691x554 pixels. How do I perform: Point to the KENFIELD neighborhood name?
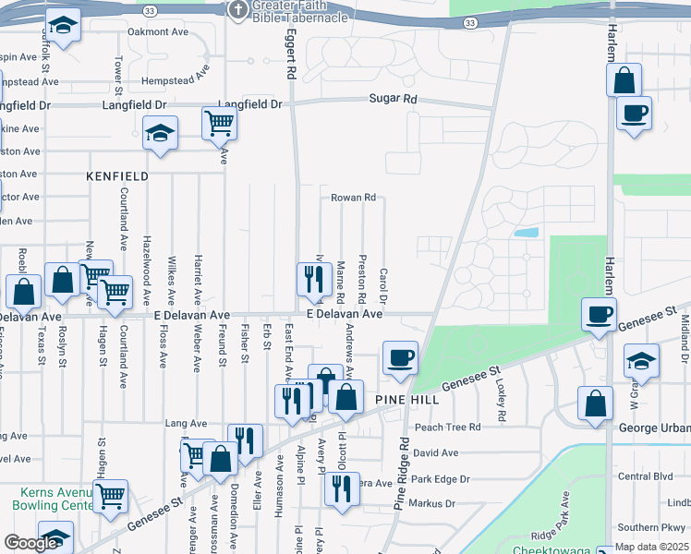coord(117,175)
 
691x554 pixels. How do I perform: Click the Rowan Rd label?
coord(353,198)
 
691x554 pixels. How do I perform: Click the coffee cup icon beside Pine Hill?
coord(400,357)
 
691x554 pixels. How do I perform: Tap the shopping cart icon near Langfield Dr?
coord(219,122)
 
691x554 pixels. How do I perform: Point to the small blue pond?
coord(526,233)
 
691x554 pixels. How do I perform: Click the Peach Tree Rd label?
coord(447,428)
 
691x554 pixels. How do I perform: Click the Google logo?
coord(31,543)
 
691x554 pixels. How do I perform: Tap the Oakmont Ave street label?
coord(158,31)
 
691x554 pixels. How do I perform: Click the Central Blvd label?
coord(648,477)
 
